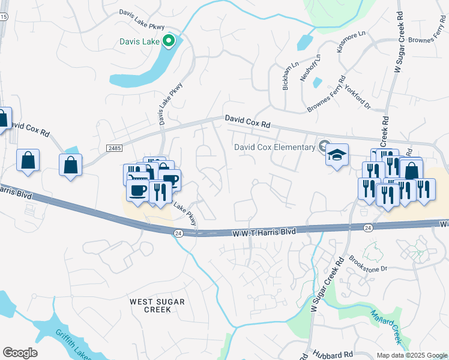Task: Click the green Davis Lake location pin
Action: click(x=169, y=41)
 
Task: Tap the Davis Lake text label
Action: click(x=140, y=41)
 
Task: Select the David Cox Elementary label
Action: click(x=274, y=147)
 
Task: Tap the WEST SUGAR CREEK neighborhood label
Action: click(x=157, y=305)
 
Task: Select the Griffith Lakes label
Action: click(x=73, y=344)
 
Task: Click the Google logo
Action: click(x=20, y=353)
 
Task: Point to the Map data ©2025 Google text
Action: click(x=411, y=355)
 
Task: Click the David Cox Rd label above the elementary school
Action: click(x=248, y=122)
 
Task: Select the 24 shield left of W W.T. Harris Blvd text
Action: click(x=178, y=233)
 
